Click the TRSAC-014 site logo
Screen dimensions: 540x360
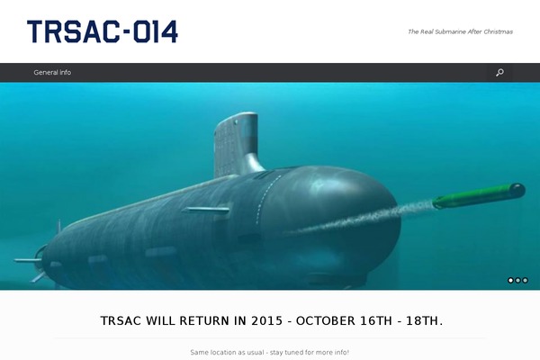(103, 31)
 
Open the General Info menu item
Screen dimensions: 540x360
(52, 72)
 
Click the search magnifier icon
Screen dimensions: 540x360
(499, 72)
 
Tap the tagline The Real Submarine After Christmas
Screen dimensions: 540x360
(460, 31)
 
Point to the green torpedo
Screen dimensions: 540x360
(479, 195)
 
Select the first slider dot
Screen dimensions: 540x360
(510, 281)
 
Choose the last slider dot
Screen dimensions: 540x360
(526, 281)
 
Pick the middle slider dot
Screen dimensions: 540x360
(518, 281)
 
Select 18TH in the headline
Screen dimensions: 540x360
(424, 321)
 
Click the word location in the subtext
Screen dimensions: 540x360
(222, 353)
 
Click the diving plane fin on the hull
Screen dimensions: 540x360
(206, 210)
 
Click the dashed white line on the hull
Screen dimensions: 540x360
(267, 200)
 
